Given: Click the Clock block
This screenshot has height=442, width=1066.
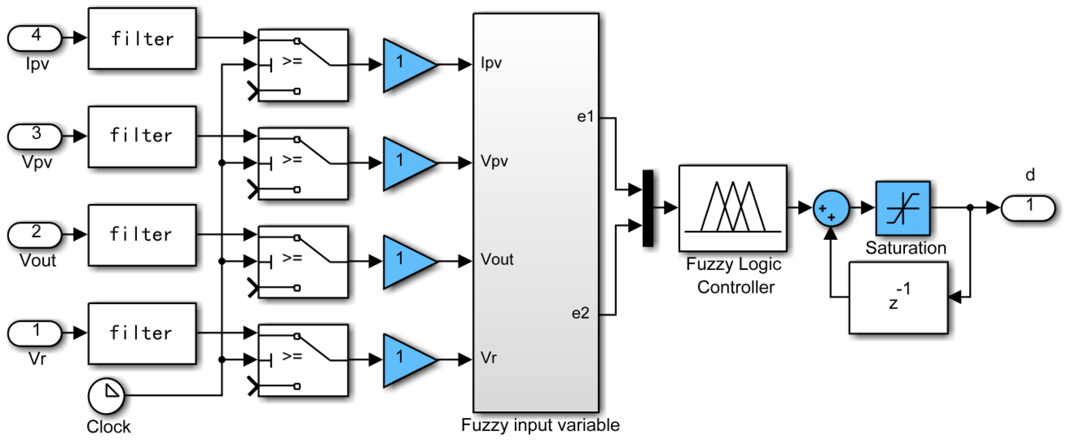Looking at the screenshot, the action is point(106,395).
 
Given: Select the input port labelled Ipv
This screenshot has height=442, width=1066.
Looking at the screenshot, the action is point(35,38).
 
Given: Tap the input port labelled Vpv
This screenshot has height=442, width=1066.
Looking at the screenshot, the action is point(35,136).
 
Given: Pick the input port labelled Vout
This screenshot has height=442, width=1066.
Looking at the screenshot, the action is point(35,235).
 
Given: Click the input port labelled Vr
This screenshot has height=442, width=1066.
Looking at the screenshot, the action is point(35,333).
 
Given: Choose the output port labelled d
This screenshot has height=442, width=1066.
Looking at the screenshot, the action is point(1028,208).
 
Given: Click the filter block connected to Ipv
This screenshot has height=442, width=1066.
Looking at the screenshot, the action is point(142,38).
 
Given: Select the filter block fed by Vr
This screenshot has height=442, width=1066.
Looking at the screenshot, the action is point(142,333).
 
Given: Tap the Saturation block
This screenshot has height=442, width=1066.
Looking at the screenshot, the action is point(903,208).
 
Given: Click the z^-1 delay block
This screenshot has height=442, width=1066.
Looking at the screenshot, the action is point(899,298).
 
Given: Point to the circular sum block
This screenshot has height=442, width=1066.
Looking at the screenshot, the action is point(831,208).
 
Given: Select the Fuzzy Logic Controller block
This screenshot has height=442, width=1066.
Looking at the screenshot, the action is point(732,208).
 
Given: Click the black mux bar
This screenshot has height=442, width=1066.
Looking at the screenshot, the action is point(648,208).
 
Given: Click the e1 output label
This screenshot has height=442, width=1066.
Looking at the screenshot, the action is point(585,117).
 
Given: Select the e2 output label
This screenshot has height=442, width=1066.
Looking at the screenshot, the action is point(580,313).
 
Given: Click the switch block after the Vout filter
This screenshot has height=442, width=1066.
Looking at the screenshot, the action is point(303,262).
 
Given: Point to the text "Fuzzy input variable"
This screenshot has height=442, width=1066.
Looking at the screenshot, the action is point(540,426).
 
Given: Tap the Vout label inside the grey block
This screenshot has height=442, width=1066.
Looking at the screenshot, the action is point(497,260).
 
